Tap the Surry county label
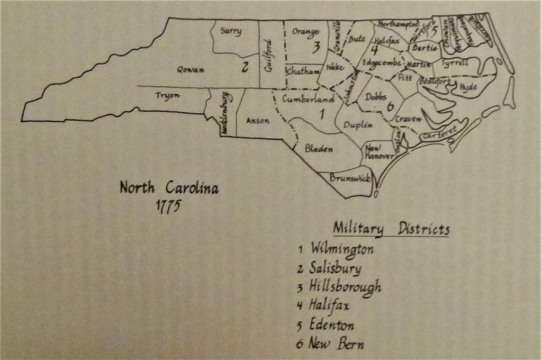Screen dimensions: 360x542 231,31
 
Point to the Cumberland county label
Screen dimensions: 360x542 308,99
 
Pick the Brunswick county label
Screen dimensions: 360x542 350,178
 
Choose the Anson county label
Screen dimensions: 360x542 258,121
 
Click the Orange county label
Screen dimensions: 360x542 306,32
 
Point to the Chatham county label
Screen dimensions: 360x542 303,70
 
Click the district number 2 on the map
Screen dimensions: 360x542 245,67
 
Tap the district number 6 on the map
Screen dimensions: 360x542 390,106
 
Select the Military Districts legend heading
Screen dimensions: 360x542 391,229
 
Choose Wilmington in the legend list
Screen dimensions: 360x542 342,248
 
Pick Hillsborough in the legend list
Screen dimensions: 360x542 345,287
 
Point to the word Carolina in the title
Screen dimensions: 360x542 192,187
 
